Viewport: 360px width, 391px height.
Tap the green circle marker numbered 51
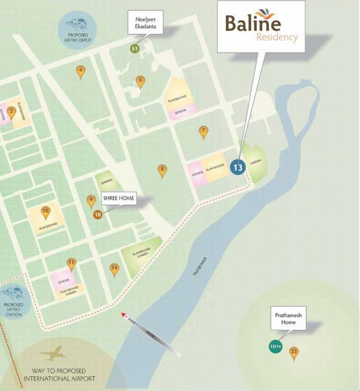(134, 49)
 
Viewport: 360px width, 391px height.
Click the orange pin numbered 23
(294, 352)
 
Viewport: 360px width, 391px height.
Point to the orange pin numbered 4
(80, 71)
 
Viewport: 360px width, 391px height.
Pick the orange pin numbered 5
(141, 81)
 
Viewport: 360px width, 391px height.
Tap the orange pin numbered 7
(203, 131)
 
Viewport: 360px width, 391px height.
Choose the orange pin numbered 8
(162, 170)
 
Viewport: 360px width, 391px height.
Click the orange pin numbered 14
(115, 269)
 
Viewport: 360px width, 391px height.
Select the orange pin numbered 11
(72, 264)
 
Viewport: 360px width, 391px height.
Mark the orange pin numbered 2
(11, 113)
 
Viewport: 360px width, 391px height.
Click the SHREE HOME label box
(119, 199)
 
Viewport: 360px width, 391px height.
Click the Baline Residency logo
(261, 26)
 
